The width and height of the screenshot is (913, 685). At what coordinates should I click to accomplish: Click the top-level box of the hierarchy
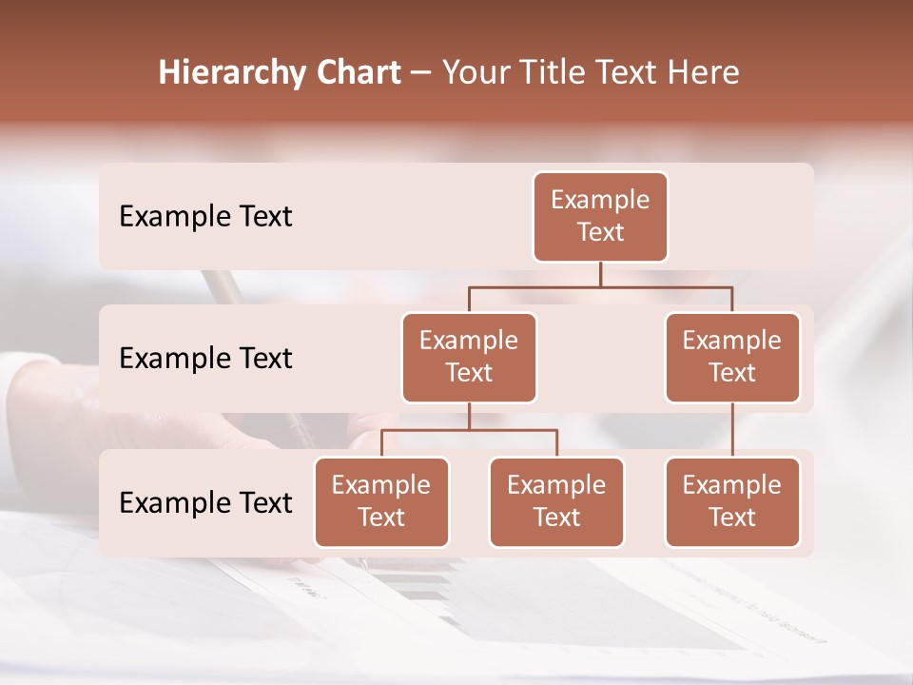click(x=600, y=216)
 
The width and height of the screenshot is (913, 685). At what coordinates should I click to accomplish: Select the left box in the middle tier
click(x=469, y=357)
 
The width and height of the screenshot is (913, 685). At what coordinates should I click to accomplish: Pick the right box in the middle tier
click(x=732, y=357)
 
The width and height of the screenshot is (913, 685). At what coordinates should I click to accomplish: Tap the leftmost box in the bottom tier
click(x=381, y=501)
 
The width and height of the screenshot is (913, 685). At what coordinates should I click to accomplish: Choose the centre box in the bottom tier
click(x=556, y=501)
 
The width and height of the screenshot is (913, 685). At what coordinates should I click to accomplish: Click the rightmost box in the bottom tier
click(x=732, y=501)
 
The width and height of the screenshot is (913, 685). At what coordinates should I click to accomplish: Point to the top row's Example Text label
click(x=205, y=217)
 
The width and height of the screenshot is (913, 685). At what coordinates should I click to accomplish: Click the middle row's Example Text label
click(x=205, y=359)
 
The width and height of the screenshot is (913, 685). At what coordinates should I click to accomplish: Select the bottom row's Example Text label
click(x=205, y=503)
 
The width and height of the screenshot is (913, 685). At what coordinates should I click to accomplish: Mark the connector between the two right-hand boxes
click(x=732, y=430)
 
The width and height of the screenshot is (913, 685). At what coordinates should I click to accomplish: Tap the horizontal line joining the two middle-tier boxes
click(x=600, y=286)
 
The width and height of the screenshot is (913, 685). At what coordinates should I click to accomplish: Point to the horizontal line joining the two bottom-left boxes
click(x=469, y=430)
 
